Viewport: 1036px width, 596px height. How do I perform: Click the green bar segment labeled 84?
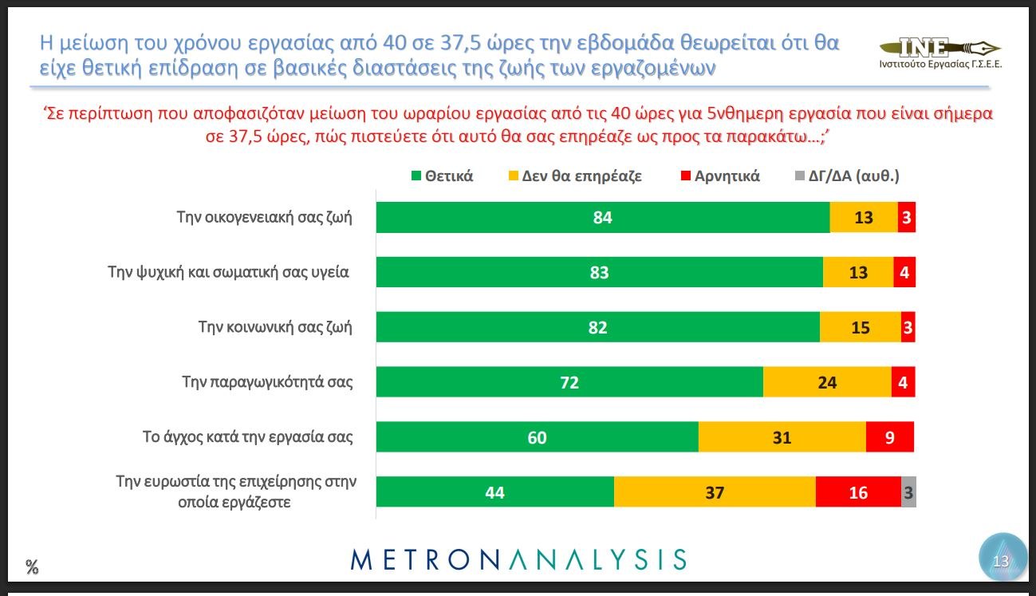(x=602, y=217)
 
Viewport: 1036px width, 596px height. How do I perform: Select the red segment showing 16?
(x=858, y=492)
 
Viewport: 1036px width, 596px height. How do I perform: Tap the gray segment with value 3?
(x=908, y=492)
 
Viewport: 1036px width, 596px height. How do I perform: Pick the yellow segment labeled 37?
(x=715, y=492)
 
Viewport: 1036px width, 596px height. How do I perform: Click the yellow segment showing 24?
(x=827, y=382)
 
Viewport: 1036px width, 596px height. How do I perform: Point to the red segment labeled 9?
(x=889, y=437)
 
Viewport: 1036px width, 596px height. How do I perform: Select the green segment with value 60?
(x=537, y=437)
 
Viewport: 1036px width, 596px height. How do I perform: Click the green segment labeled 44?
(x=494, y=492)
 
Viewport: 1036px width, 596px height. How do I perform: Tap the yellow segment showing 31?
(x=782, y=437)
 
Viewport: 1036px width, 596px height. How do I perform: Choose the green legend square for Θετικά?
(x=416, y=176)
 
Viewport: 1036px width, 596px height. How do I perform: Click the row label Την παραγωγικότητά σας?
(x=267, y=382)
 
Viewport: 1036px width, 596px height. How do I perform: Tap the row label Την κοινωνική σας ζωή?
(x=274, y=327)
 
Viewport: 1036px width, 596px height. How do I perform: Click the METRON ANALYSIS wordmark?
(x=518, y=559)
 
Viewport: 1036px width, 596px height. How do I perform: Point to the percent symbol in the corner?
(x=32, y=567)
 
